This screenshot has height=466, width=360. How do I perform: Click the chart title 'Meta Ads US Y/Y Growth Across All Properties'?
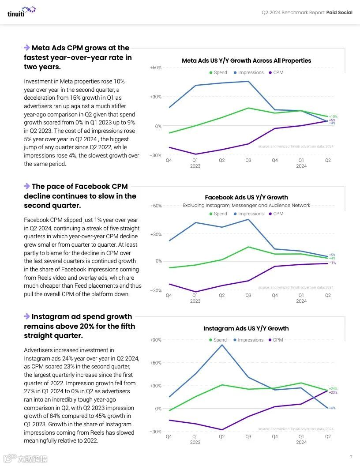[246, 60]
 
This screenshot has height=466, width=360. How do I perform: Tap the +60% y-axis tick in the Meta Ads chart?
[155, 68]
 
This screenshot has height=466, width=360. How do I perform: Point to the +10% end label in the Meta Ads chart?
[333, 116]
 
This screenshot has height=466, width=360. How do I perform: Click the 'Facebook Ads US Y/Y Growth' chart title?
[246, 197]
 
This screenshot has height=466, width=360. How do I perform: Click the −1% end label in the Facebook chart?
[332, 263]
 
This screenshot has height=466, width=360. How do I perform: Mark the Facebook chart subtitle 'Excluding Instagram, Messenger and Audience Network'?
[246, 205]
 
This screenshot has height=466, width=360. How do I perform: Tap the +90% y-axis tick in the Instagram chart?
[155, 340]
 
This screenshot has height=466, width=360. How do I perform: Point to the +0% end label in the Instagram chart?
[332, 408]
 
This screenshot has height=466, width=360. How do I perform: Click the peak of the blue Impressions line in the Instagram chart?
[222, 345]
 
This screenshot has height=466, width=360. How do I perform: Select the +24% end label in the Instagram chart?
[333, 389]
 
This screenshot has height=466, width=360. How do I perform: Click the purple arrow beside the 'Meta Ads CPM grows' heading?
[27, 48]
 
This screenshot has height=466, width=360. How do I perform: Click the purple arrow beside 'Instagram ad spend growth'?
[27, 316]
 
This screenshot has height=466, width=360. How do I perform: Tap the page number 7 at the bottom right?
[351, 457]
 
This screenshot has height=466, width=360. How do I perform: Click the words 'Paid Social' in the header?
[339, 12]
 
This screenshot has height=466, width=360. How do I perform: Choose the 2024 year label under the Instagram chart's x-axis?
[301, 442]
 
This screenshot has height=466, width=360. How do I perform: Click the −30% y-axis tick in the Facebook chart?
[155, 290]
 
